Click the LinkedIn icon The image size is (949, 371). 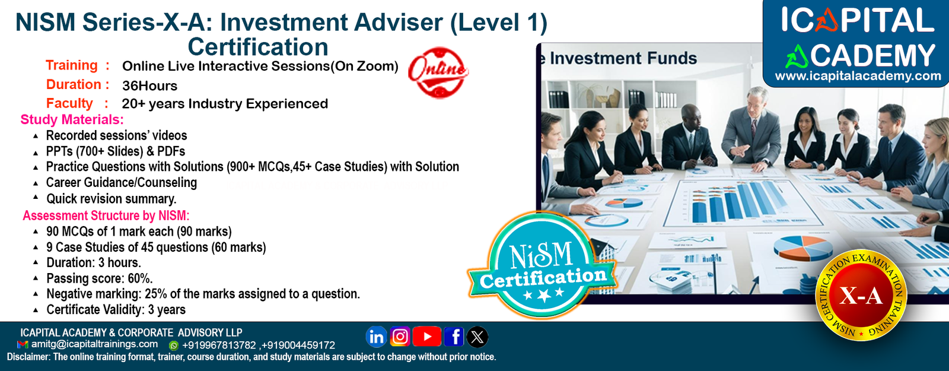click(376, 337)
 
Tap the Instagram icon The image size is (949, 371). click(400, 337)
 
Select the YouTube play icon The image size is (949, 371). click(426, 337)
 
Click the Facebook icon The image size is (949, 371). click(454, 337)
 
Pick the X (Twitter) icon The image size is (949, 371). click(477, 337)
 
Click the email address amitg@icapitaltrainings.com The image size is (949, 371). click(94, 344)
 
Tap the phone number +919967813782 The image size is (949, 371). click(219, 345)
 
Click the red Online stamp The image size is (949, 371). click(438, 72)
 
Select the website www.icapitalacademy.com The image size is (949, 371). click(858, 77)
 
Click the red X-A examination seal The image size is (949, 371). click(861, 295)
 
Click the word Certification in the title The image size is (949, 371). click(258, 47)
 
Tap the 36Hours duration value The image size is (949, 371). click(149, 85)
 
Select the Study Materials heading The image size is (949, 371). click(72, 119)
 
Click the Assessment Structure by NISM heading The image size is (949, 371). click(106, 215)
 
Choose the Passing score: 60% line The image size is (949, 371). click(100, 278)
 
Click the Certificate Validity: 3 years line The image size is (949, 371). click(116, 310)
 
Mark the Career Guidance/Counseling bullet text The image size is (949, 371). click(122, 183)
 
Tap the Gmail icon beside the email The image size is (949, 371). click(23, 345)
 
